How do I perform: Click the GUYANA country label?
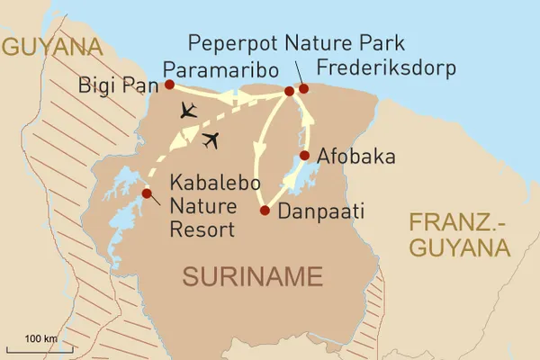50,47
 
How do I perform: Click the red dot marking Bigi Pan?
169,85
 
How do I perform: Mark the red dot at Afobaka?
305,156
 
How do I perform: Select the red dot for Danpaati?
264,211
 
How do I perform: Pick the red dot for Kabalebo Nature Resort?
147,192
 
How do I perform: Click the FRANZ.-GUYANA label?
459,233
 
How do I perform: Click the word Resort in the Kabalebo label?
202,229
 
